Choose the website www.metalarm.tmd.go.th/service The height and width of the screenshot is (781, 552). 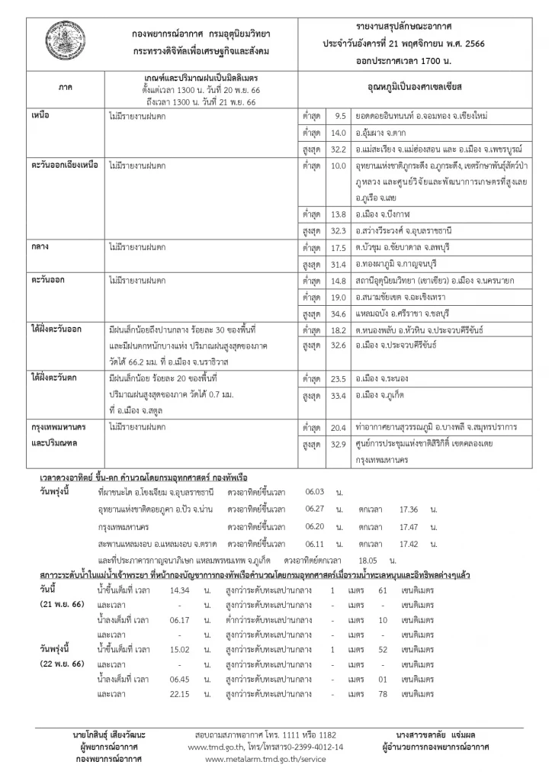click(267, 760)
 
